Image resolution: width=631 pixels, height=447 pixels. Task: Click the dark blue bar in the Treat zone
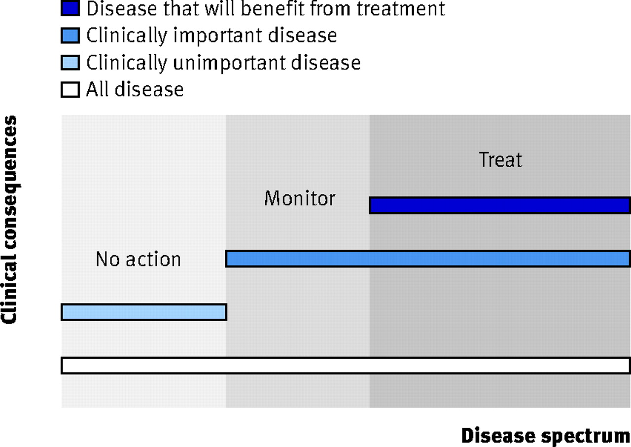pos(500,205)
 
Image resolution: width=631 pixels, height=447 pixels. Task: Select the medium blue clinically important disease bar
pos(428,259)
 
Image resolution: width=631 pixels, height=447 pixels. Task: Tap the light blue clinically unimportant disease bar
pos(144,312)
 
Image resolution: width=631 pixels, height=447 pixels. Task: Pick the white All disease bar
pos(346,365)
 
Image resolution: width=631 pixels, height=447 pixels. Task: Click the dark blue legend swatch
pos(70,8)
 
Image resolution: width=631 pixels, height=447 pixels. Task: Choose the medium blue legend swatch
pos(70,35)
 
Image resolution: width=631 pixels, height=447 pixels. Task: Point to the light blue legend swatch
pos(70,62)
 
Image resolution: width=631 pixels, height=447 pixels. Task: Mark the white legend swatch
pos(70,90)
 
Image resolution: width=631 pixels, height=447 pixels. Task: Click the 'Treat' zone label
pos(500,159)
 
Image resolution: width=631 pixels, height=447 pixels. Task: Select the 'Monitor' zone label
pos(300,198)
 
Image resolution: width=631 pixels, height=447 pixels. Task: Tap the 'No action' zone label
pos(138,259)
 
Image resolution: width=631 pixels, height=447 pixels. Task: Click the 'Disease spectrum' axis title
pos(546,436)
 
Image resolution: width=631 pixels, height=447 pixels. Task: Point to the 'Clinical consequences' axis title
pos(10,220)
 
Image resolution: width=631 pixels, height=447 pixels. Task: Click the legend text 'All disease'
pos(135,89)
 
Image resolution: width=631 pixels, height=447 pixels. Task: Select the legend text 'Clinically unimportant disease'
pos(223,63)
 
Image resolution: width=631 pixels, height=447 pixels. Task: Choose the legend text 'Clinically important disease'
pos(211,36)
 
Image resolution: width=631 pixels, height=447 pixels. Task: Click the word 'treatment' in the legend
pos(401,8)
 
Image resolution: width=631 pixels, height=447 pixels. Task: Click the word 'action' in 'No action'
pos(153,259)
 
